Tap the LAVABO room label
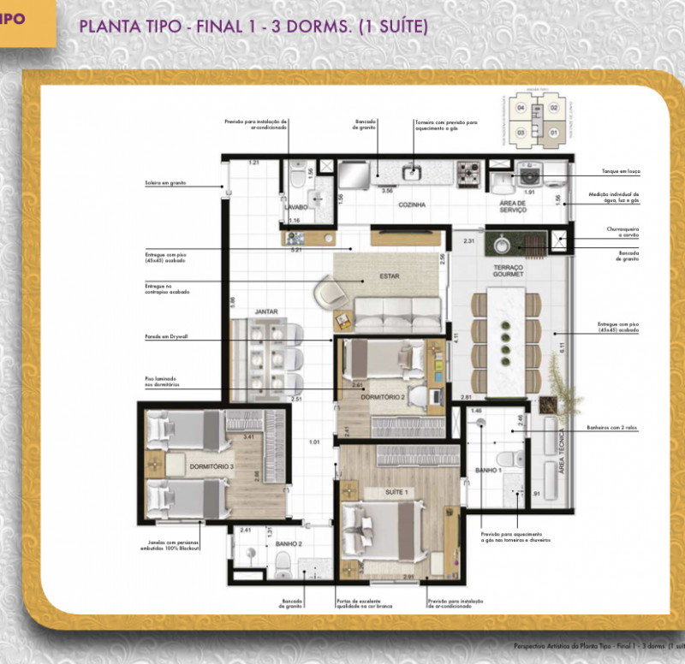[296, 206]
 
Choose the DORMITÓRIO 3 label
[211, 466]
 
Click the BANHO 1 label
[489, 471]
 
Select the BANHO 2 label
[290, 543]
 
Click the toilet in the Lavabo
[297, 176]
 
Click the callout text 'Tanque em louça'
[616, 170]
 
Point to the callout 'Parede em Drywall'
[166, 337]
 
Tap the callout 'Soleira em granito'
[166, 182]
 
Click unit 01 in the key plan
[554, 133]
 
